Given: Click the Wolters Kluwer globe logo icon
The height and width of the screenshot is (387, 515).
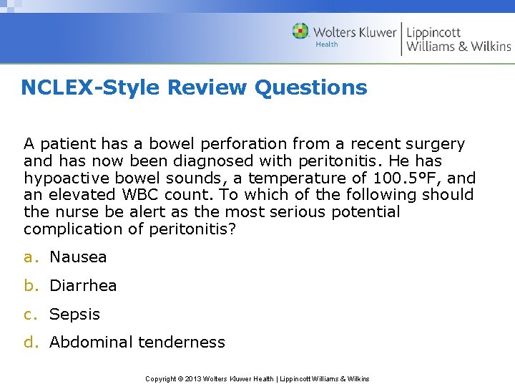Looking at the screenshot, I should click(300, 32).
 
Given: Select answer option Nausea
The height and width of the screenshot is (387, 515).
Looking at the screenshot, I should click(78, 257).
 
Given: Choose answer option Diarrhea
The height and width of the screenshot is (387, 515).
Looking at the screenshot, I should click(83, 285).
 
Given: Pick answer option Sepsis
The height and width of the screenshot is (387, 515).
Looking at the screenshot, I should click(75, 314).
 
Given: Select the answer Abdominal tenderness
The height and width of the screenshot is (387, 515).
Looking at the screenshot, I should click(137, 343).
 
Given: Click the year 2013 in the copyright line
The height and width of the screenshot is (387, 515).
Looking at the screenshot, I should click(194, 378).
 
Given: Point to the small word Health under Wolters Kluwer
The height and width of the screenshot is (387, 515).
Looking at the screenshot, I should click(327, 44).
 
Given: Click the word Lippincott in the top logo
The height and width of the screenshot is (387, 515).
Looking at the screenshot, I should click(434, 32).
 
